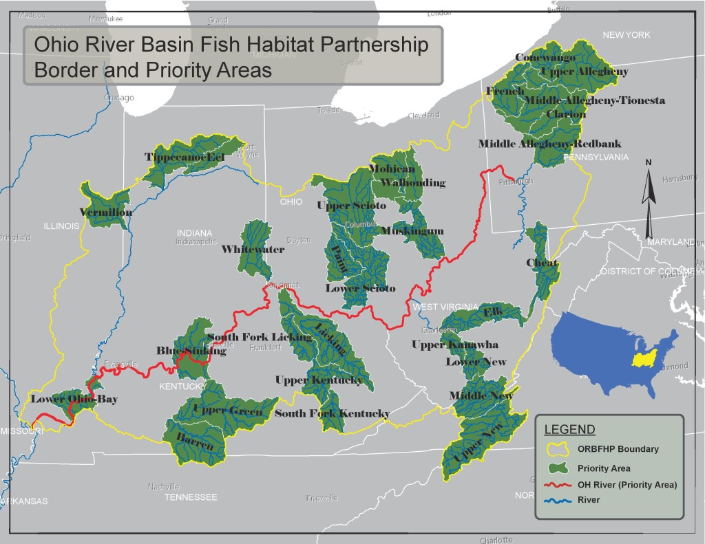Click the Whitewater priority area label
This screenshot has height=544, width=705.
(x=253, y=250)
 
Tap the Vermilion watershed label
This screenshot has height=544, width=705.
(x=105, y=212)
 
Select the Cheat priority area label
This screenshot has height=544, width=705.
(x=542, y=263)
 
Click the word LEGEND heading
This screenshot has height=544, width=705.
(x=569, y=430)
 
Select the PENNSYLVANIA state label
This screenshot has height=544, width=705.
(x=596, y=157)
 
